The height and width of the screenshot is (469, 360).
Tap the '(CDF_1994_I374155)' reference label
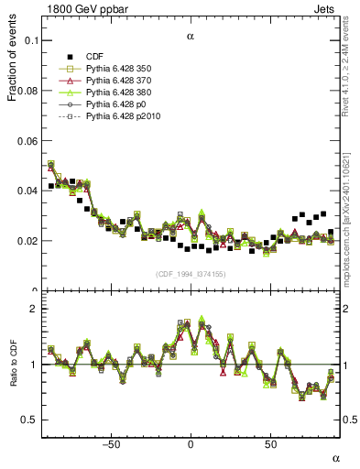point(191,274)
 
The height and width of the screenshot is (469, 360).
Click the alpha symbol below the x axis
point(334,457)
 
